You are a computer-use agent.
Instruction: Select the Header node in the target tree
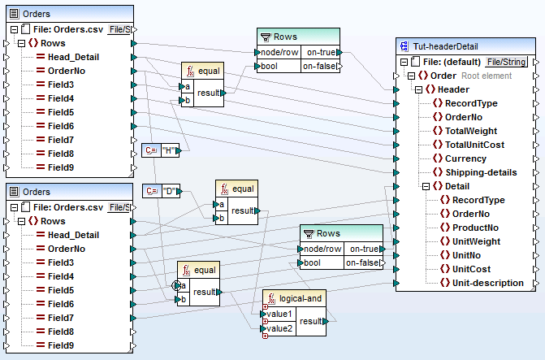tap(452, 89)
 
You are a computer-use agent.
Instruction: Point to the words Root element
tap(487, 76)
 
